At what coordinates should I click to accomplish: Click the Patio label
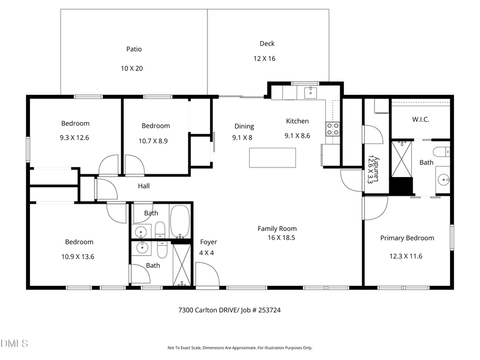(134, 49)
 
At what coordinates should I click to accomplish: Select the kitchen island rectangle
(273, 157)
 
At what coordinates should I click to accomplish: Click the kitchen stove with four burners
(333, 129)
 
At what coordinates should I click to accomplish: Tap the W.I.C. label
(420, 119)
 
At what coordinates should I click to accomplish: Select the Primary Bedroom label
(407, 238)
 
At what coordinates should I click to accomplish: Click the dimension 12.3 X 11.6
(406, 256)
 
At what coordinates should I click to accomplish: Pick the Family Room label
(277, 229)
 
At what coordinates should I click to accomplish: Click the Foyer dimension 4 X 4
(206, 253)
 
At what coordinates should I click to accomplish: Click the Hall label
(144, 186)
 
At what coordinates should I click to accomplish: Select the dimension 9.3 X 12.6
(75, 138)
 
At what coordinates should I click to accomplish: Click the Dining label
(244, 126)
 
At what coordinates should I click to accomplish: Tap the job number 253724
(266, 310)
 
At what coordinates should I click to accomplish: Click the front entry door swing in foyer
(208, 275)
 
